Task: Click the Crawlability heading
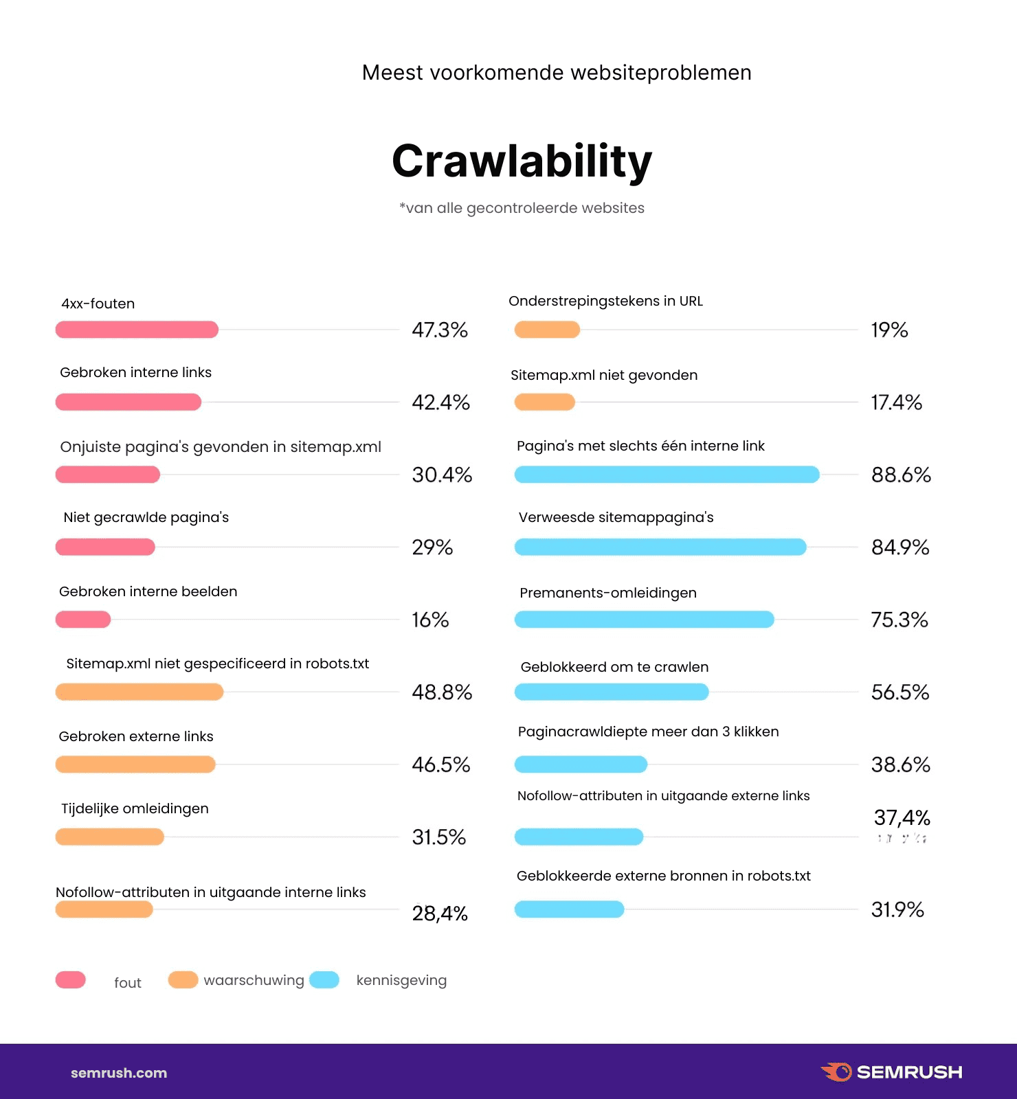coord(522,161)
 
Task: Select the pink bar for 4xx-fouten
coord(137,330)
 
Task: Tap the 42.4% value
coord(440,403)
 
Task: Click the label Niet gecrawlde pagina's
coord(146,517)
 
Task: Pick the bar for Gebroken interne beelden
coord(83,620)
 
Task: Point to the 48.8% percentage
coord(442,692)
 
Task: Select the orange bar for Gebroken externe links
coord(135,764)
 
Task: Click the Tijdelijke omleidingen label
coord(135,808)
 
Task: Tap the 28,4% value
coord(440,914)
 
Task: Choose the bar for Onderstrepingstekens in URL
coord(547,330)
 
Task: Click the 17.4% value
coord(896,403)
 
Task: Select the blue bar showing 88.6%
coord(667,475)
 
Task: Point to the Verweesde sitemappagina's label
coord(616,517)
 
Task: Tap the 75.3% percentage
coord(899,620)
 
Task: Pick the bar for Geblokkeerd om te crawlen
coord(612,692)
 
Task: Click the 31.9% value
coord(897,909)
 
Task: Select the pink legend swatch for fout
coord(71,980)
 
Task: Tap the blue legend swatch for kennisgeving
coord(324,980)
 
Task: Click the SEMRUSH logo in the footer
coord(891,1072)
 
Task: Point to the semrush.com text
coord(119,1073)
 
